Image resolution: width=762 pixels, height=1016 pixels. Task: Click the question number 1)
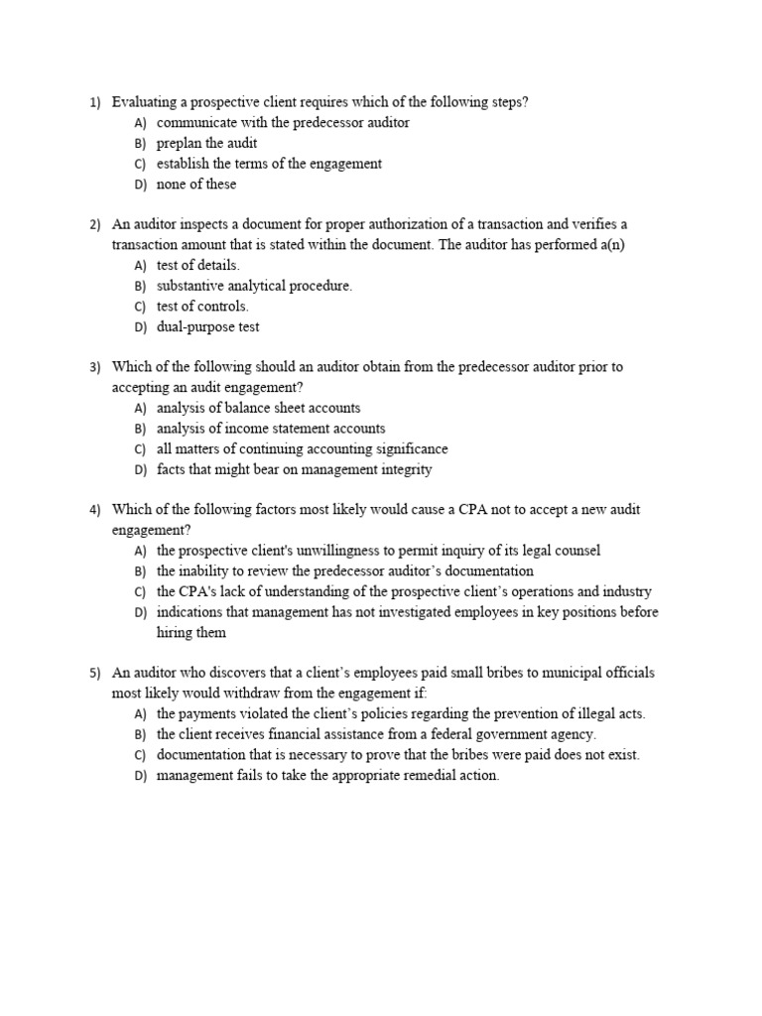click(x=95, y=102)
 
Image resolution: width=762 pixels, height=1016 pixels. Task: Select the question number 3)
click(x=95, y=367)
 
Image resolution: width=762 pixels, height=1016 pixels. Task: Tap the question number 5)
click(x=95, y=673)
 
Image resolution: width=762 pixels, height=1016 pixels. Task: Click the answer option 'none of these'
click(x=196, y=185)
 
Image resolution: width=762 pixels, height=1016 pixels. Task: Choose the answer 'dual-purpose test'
click(x=208, y=326)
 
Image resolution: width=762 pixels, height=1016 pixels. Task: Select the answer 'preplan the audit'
click(x=206, y=143)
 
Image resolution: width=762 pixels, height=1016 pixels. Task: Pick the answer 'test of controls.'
click(x=202, y=307)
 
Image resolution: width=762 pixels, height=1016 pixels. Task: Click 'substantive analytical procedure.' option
click(x=254, y=286)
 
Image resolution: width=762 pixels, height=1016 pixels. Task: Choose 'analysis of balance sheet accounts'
click(x=258, y=408)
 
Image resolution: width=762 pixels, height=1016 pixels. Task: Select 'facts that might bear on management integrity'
click(x=295, y=469)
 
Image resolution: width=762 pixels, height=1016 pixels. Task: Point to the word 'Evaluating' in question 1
click(x=145, y=102)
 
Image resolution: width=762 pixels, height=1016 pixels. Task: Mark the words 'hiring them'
click(x=191, y=633)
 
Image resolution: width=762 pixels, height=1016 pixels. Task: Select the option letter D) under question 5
click(x=140, y=776)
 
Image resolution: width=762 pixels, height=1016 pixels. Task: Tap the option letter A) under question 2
click(x=140, y=266)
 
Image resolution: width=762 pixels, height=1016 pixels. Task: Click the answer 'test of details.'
click(x=198, y=266)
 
